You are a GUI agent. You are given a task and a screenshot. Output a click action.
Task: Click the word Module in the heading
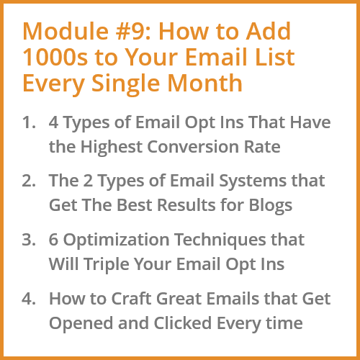pyautogui.click(x=66, y=31)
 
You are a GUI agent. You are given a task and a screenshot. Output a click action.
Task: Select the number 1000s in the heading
pyautogui.click(x=55, y=57)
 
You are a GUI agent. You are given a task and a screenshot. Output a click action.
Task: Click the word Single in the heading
pyautogui.click(x=126, y=84)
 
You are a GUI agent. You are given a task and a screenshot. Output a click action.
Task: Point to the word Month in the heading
pyautogui.click(x=205, y=83)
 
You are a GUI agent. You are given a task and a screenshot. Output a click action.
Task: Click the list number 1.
pyautogui.click(x=29, y=122)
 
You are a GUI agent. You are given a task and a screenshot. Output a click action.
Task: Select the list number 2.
pyautogui.click(x=29, y=181)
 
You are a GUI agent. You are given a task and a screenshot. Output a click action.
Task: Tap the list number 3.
pyautogui.click(x=29, y=240)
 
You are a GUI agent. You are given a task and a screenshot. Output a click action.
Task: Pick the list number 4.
pyautogui.click(x=29, y=299)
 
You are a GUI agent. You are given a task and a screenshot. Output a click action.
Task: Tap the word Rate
pyautogui.click(x=262, y=147)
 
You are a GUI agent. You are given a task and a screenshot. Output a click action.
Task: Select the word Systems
pyautogui.click(x=253, y=182)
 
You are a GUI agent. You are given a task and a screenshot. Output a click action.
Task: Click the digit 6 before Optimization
pyautogui.click(x=53, y=240)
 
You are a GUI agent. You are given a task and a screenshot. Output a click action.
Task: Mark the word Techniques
pyautogui.click(x=220, y=240)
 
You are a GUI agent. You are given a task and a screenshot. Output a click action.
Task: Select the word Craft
pyautogui.click(x=131, y=299)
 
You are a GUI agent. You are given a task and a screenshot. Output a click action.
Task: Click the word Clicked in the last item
pyautogui.click(x=183, y=323)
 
